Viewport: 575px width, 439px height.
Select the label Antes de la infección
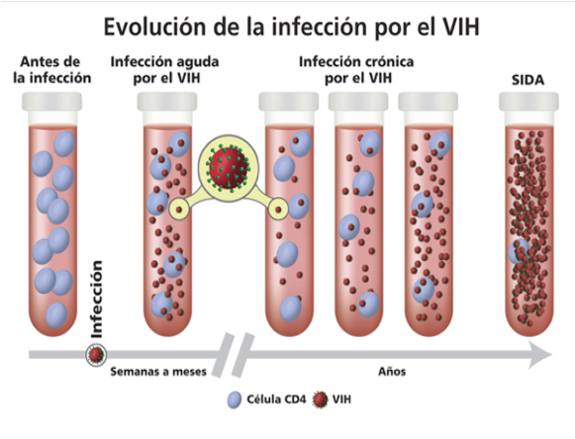pos(51,69)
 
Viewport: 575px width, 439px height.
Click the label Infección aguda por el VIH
pos(164,69)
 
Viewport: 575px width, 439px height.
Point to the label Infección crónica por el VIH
pos(356,69)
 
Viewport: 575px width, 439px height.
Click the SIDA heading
pos(527,80)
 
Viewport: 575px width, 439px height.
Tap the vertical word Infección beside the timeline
pos(97,299)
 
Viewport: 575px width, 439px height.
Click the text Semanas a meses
pos(158,372)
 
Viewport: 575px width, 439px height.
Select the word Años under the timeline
pos(392,372)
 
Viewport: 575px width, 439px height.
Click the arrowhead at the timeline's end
pos(541,354)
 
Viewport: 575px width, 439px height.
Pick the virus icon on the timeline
pos(96,355)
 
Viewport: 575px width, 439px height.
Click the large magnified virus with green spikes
pos(229,167)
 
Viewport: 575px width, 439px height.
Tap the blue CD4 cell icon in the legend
pos(235,399)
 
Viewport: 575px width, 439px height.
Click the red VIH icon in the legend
pos(320,399)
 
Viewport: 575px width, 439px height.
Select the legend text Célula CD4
pos(276,399)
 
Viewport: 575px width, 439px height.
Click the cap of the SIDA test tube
pos(528,102)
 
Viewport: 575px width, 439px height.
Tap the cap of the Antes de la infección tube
pos(51,102)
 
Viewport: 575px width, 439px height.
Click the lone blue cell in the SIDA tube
pos(519,251)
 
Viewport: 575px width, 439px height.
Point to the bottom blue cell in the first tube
pos(56,315)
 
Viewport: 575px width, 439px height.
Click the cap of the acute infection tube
pos(167,102)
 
